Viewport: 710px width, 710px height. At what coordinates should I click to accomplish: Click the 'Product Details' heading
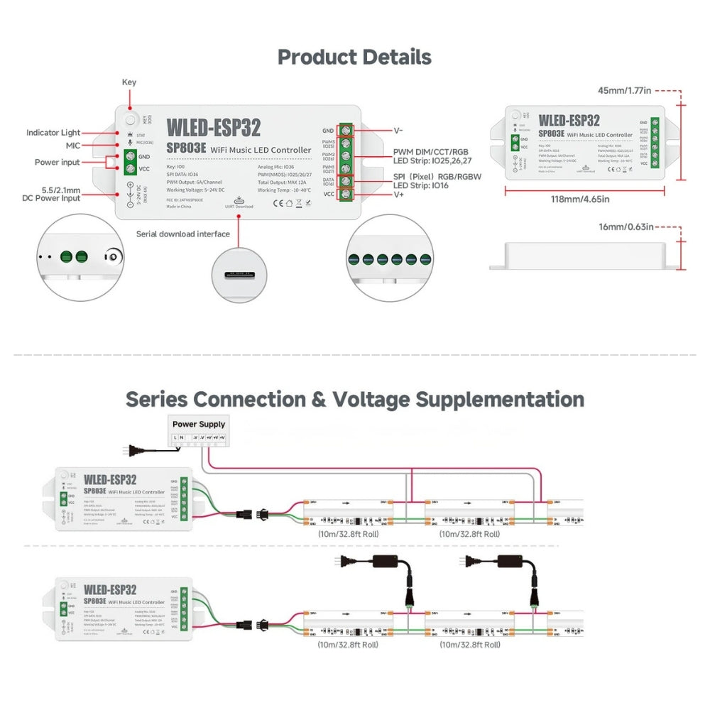[x=354, y=57]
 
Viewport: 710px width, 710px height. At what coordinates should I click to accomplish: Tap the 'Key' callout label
[x=129, y=82]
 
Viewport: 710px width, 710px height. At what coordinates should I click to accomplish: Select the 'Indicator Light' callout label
[x=53, y=133]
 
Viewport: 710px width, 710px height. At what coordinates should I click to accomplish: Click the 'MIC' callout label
[x=72, y=146]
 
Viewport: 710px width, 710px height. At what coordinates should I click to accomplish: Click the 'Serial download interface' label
[x=183, y=234]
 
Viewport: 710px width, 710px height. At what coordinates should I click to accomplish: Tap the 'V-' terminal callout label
[x=398, y=131]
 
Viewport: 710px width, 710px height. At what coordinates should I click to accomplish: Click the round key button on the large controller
[x=130, y=119]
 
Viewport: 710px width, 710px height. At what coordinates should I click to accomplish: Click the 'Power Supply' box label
[x=199, y=425]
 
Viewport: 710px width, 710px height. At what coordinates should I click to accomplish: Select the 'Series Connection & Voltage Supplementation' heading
[x=354, y=399]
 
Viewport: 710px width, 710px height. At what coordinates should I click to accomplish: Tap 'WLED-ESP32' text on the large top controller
[x=213, y=128]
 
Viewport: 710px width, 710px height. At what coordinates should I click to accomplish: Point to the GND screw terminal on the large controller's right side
[x=346, y=131]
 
